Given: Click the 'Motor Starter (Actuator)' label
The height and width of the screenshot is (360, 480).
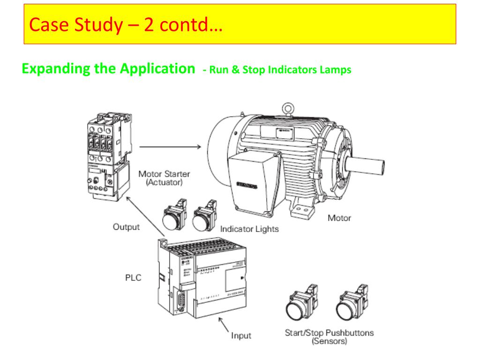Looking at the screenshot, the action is (164, 178).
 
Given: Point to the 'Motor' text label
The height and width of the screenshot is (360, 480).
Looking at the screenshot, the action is (339, 218).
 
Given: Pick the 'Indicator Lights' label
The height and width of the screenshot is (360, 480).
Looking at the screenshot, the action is (249, 229).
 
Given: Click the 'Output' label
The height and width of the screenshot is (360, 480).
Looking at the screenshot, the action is (126, 227).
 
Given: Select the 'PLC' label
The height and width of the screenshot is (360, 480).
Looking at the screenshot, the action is (133, 277).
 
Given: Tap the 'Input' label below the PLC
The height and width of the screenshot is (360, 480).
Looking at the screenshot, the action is (241, 335).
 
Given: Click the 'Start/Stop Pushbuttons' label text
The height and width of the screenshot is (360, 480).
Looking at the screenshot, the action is (330, 333).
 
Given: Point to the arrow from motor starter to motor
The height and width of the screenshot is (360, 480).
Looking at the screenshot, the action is (171, 147).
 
